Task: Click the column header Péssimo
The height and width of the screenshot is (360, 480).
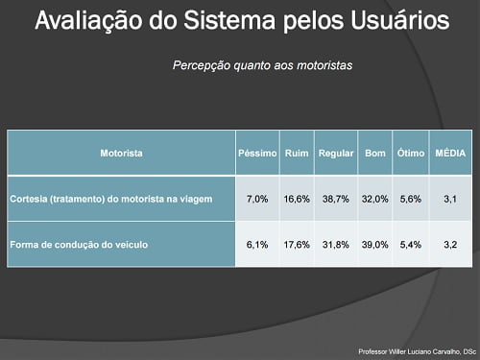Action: [x=257, y=153]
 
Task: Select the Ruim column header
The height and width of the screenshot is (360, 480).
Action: [x=296, y=153]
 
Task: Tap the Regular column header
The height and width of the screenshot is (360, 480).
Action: [x=335, y=153]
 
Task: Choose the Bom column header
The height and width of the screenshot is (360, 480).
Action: [x=374, y=153]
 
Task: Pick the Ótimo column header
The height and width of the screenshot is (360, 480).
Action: [x=410, y=153]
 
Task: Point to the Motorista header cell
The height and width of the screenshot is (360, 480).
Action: [x=121, y=153]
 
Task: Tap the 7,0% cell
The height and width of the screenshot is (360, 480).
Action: [x=257, y=200]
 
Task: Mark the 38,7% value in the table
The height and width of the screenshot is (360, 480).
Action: [x=335, y=200]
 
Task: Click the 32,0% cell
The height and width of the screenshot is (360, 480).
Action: [x=374, y=200]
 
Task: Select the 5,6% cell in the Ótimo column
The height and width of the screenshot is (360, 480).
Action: [x=410, y=200]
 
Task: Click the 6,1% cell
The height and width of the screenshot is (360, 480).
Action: [x=257, y=245]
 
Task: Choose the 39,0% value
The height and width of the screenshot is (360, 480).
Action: [x=374, y=245]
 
